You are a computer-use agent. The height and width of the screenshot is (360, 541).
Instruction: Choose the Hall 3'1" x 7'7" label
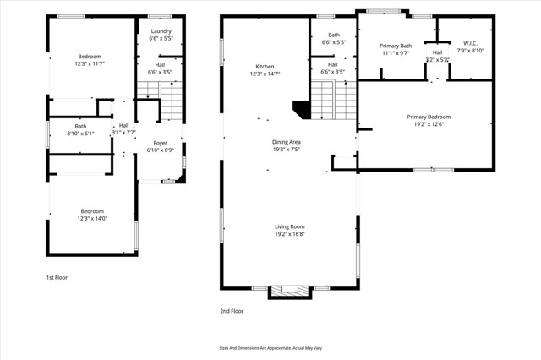(x=123, y=128)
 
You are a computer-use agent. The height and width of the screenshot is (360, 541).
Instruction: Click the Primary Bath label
(x=395, y=49)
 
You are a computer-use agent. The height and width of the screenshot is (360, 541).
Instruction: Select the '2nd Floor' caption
(x=232, y=311)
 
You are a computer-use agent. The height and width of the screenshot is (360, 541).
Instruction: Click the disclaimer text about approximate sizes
(x=271, y=347)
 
